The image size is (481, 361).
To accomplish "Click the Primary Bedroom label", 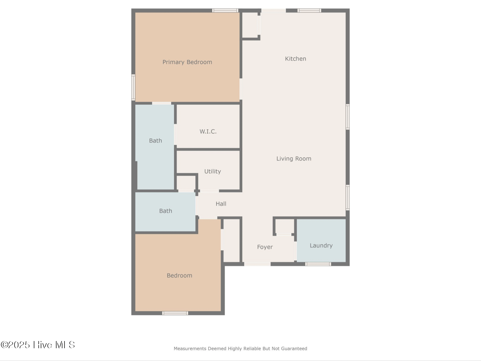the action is [x=187, y=62].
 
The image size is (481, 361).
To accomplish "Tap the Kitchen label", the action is [x=295, y=59].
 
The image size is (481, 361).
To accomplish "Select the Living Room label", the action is [x=294, y=159].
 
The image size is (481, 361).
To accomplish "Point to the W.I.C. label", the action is [x=208, y=132].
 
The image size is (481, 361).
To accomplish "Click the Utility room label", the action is [x=213, y=171].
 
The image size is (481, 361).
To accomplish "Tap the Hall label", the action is [x=221, y=204].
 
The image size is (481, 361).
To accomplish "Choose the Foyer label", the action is [x=265, y=247].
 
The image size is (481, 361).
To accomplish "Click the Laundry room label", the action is [x=321, y=245].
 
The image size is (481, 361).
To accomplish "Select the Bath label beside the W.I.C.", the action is [x=155, y=141].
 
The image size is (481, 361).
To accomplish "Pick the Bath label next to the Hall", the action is [x=165, y=211].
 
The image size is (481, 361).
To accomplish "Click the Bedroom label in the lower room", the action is [x=179, y=276].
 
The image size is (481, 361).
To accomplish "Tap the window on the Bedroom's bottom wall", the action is [x=175, y=313].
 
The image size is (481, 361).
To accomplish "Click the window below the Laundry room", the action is [x=318, y=264].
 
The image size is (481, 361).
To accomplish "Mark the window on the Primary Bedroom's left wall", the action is [x=133, y=87].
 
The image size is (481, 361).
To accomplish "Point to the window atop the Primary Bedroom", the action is [x=225, y=10].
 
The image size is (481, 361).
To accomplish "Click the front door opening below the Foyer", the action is [x=257, y=264].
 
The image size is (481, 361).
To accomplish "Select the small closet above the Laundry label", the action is [x=284, y=226].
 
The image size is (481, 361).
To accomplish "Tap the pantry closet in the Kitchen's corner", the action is [x=250, y=25].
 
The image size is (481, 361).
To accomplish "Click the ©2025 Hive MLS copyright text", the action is [x=38, y=345].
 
